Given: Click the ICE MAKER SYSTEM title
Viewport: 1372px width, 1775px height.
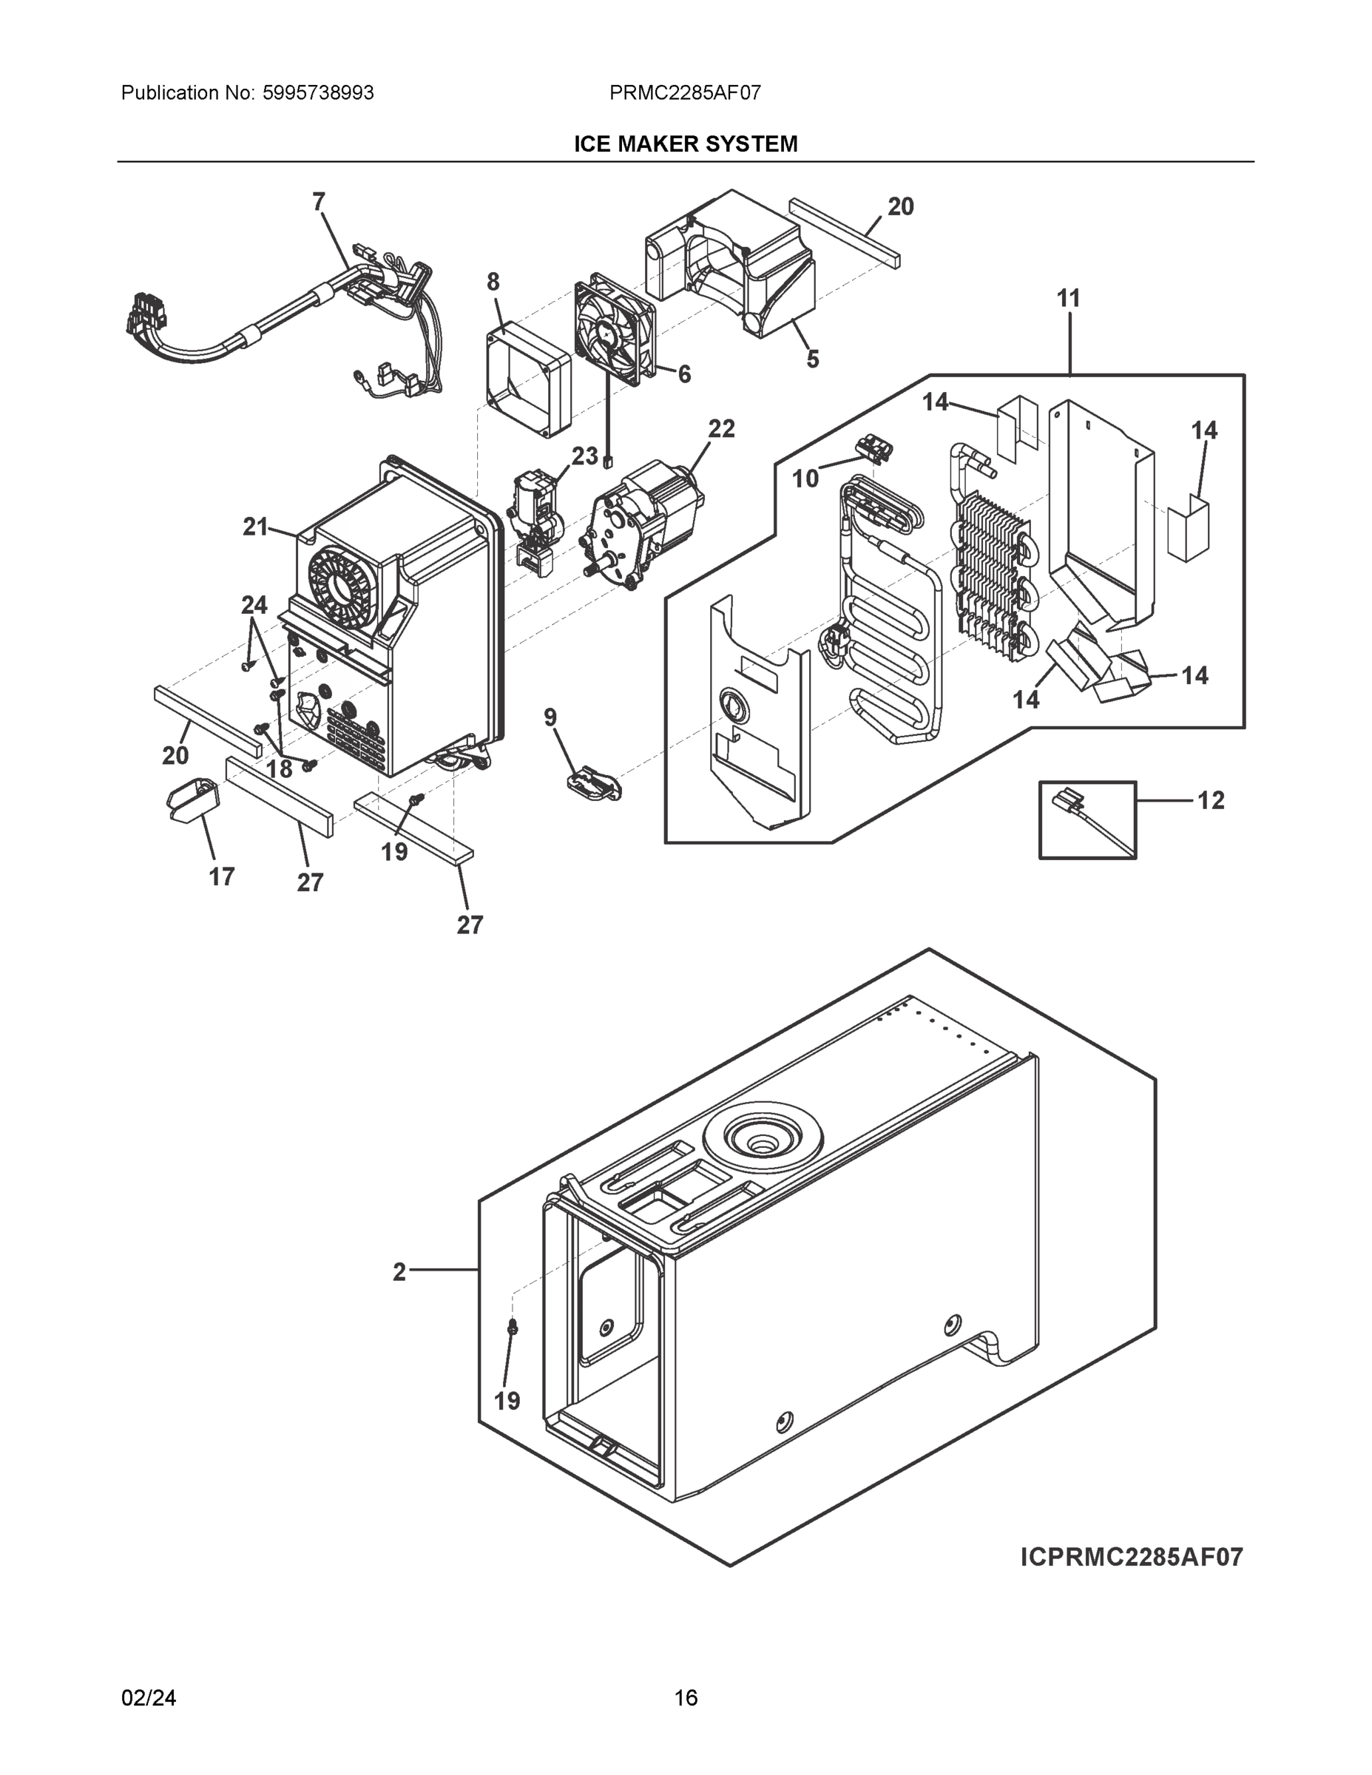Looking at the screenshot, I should point(685,144).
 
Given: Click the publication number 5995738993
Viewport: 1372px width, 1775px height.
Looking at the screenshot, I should point(318,92).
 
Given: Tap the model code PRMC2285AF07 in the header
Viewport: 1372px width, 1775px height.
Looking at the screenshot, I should point(685,92).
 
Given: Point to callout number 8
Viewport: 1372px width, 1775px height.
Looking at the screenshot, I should point(493,282).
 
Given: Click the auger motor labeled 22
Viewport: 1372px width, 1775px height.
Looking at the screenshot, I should point(642,520).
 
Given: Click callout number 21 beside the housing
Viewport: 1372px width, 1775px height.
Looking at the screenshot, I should point(255,527).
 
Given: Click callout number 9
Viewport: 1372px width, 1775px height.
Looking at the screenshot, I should point(550,717).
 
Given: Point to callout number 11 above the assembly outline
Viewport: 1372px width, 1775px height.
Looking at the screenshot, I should point(1068,299).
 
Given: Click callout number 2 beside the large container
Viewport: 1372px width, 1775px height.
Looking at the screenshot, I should point(399,1272).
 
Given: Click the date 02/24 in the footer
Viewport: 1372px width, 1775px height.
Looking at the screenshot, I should point(149,1698).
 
